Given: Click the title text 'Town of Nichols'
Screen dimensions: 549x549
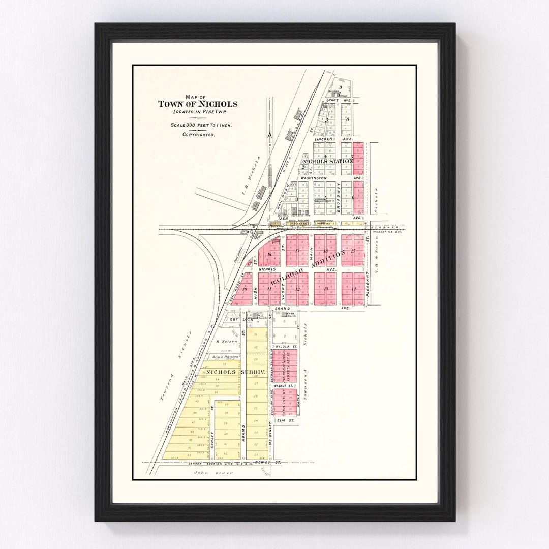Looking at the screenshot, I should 197,104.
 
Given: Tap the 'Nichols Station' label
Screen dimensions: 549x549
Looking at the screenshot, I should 328,161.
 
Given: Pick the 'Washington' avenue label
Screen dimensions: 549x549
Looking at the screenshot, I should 313,178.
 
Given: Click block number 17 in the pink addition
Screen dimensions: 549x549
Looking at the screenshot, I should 297,251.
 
